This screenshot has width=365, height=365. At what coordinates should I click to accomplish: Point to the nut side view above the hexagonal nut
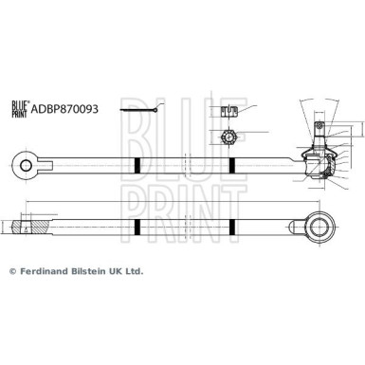point(228,113)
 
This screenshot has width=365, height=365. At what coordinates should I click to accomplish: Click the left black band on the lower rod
point(137,227)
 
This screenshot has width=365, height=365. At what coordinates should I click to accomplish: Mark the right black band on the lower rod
point(232,227)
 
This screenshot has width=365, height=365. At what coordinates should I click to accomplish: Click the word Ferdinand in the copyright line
point(46,270)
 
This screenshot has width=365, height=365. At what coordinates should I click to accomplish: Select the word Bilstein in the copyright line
point(93,270)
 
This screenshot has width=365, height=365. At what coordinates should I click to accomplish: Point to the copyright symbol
point(13,270)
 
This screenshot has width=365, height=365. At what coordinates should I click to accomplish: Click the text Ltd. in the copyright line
point(134,270)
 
